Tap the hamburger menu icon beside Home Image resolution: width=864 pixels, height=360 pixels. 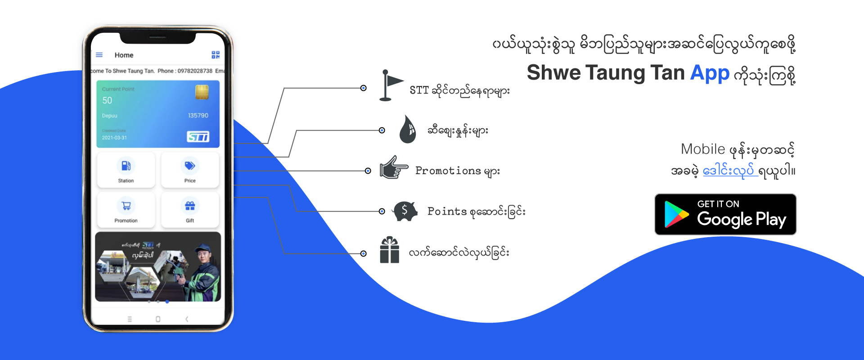click(99, 55)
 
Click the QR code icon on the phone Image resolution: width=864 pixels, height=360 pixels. click(216, 55)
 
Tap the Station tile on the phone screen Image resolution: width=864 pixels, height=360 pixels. click(126, 170)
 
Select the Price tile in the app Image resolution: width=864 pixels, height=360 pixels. click(190, 170)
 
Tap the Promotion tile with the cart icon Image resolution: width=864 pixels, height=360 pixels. click(126, 210)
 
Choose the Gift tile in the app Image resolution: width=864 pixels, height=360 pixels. click(190, 210)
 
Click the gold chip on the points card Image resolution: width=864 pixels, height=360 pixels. click(202, 92)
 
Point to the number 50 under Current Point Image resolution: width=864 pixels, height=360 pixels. click(107, 100)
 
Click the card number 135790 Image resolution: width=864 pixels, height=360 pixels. click(198, 116)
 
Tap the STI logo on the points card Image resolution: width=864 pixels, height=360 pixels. click(198, 136)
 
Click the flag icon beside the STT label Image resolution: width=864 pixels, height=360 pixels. click(389, 85)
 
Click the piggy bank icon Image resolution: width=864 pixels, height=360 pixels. click(405, 211)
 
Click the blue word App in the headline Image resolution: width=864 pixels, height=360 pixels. click(710, 73)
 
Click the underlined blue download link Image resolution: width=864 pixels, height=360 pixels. click(730, 171)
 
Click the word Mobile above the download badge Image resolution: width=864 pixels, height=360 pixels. click(703, 149)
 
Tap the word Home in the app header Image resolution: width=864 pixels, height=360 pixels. click(124, 55)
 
